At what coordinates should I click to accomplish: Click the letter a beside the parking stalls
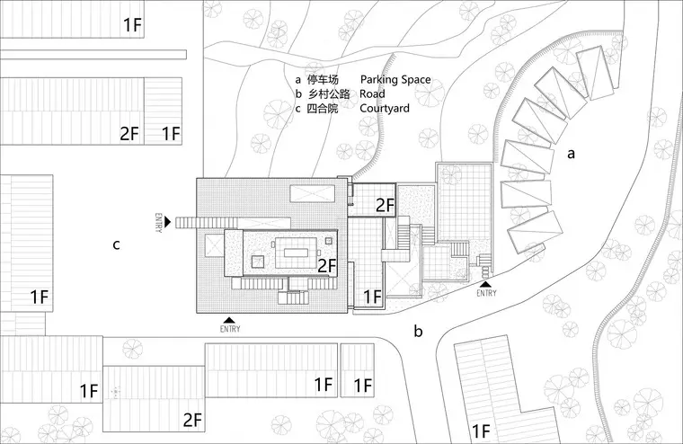click(571, 154)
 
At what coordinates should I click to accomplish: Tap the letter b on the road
click(418, 331)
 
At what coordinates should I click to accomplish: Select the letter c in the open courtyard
click(116, 244)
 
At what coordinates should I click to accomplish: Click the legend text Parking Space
click(395, 80)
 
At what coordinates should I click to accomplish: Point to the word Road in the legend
click(372, 94)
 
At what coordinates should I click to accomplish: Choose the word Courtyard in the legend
click(385, 109)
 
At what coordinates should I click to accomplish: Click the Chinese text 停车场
click(323, 80)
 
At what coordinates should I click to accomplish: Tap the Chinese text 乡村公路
click(329, 94)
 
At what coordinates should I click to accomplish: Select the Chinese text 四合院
click(323, 109)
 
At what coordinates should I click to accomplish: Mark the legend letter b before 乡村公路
click(298, 94)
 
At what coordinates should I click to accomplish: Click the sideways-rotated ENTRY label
click(158, 223)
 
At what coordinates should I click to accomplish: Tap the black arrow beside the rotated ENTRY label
click(168, 222)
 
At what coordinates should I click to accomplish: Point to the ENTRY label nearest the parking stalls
click(486, 293)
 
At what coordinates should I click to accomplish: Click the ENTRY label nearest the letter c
click(158, 223)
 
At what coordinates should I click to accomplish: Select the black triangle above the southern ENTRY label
click(230, 320)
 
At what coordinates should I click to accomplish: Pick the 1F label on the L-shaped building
click(482, 431)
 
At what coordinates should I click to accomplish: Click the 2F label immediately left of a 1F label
click(129, 133)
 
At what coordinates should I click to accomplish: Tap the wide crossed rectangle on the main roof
click(313, 193)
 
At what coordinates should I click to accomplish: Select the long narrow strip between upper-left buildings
click(93, 55)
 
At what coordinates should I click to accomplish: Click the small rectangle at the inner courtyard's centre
click(297, 253)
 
